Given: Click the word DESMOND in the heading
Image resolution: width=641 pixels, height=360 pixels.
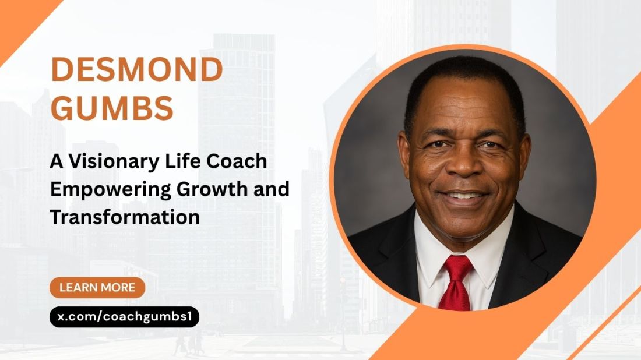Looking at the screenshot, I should coord(138,70).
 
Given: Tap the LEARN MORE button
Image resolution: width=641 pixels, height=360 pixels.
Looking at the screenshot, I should coord(97,287).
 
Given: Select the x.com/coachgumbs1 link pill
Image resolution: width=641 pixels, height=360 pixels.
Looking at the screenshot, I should coord(124,317).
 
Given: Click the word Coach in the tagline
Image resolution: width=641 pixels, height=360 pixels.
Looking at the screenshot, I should coord(239,162).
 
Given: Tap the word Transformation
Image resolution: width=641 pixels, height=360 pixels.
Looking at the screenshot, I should coord(125,217).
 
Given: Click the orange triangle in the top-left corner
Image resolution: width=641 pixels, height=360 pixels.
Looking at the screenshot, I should coord(17,17).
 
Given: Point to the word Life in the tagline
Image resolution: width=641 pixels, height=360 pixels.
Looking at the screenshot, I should coord(186,162).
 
